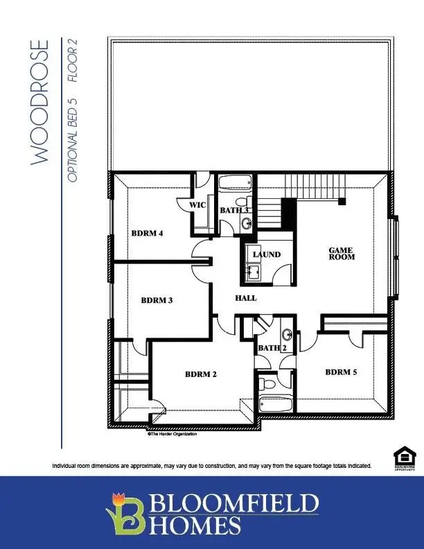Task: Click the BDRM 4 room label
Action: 147,234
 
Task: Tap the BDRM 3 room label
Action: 157,301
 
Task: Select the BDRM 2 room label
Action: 201,374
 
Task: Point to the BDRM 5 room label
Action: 342,372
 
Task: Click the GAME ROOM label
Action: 342,253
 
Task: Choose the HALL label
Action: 246,298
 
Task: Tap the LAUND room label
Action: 267,254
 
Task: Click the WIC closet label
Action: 198,205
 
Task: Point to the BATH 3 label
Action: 234,210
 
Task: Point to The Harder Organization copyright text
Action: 172,435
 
